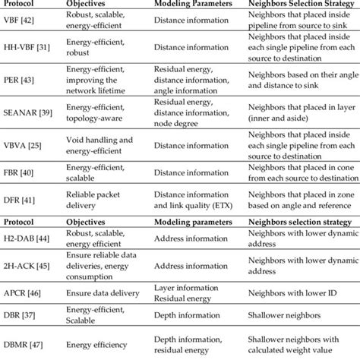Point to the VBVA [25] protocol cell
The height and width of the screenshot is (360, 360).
click(x=24, y=144)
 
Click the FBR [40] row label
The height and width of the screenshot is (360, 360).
click(x=21, y=172)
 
